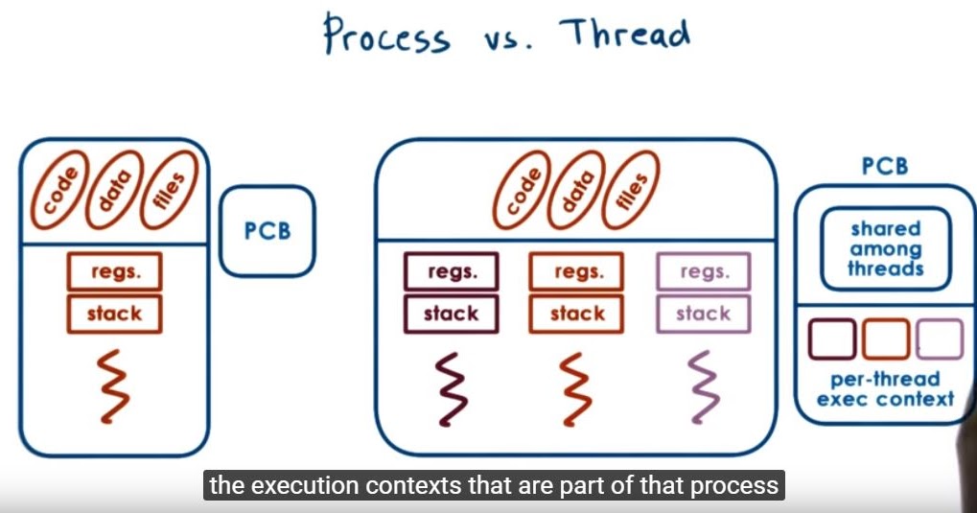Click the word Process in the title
[385, 35]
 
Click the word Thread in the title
[626, 34]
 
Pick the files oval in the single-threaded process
[169, 189]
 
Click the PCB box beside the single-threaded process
[267, 231]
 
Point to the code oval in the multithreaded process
[523, 189]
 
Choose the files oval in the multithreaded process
[632, 189]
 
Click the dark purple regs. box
[451, 271]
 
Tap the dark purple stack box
[451, 314]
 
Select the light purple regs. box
[703, 271]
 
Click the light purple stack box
[703, 314]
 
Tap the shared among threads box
[885, 248]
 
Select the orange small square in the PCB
[885, 339]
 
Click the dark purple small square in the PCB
[832, 339]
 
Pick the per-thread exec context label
[885, 388]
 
